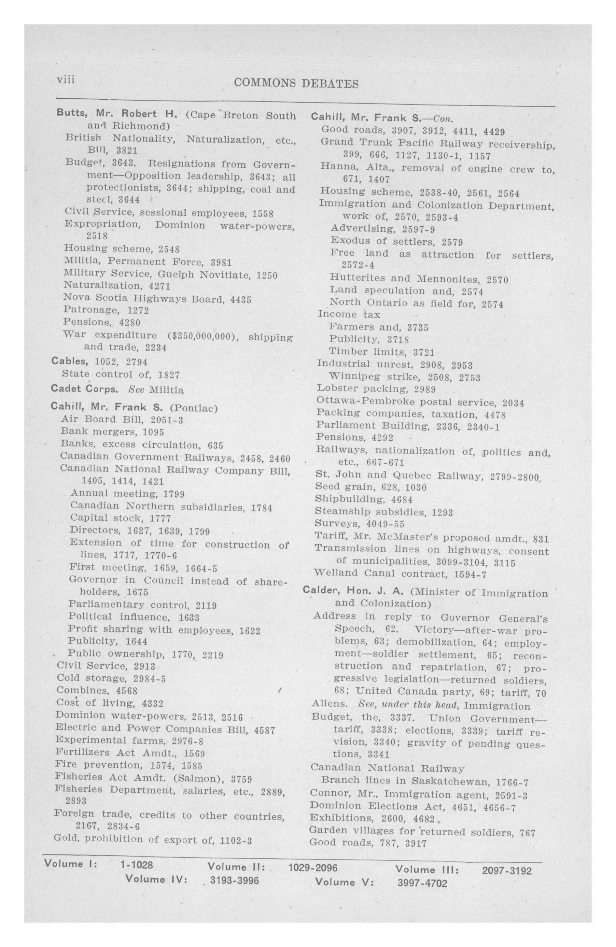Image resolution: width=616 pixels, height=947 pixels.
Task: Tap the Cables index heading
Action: [x=70, y=361]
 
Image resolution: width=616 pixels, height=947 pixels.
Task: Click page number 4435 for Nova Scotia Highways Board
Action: [x=241, y=299]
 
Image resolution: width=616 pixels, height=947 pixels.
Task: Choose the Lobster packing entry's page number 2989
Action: [x=425, y=389]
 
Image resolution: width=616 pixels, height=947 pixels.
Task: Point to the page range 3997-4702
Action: [x=422, y=881]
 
